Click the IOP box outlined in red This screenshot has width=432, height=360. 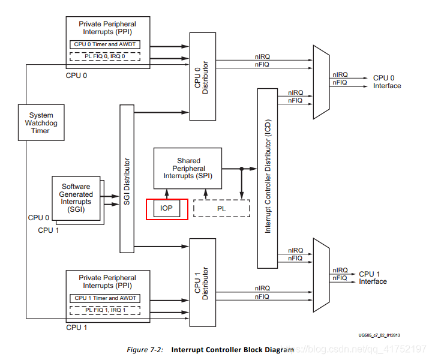coord(167,209)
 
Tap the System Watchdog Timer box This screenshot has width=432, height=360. coord(41,122)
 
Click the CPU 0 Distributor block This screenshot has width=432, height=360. coord(202,74)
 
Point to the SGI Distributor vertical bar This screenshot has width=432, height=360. coord(127,178)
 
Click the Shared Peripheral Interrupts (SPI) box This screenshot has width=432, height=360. coord(188,168)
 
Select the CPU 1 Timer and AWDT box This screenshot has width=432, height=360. coord(106,298)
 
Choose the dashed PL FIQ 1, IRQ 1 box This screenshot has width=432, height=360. coord(106,310)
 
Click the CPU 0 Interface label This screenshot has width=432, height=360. coord(387,82)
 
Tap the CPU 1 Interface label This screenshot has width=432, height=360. coord(373,278)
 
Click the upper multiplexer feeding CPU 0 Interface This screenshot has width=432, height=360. coord(320,82)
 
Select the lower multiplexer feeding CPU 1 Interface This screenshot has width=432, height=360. coord(320,278)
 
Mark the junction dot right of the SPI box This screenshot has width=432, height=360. coord(241,169)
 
